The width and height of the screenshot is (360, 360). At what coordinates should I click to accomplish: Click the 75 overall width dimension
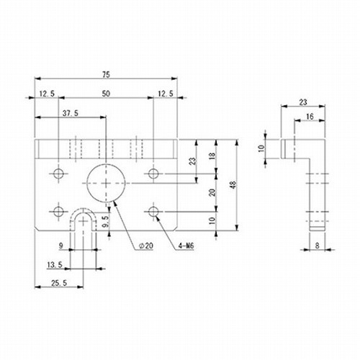click(106, 75)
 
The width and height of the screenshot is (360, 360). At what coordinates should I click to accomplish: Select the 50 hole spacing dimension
click(106, 94)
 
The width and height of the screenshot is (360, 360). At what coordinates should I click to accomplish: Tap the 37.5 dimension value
click(71, 113)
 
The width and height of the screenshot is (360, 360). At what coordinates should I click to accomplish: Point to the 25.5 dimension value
click(59, 283)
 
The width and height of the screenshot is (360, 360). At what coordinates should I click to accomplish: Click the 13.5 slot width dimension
click(55, 265)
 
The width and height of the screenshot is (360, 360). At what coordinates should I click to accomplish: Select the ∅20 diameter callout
click(146, 246)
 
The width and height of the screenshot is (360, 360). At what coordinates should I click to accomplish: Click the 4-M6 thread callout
click(186, 246)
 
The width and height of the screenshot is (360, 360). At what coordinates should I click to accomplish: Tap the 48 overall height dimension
click(233, 185)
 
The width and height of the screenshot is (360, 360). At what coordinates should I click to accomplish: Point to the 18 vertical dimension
click(212, 156)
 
